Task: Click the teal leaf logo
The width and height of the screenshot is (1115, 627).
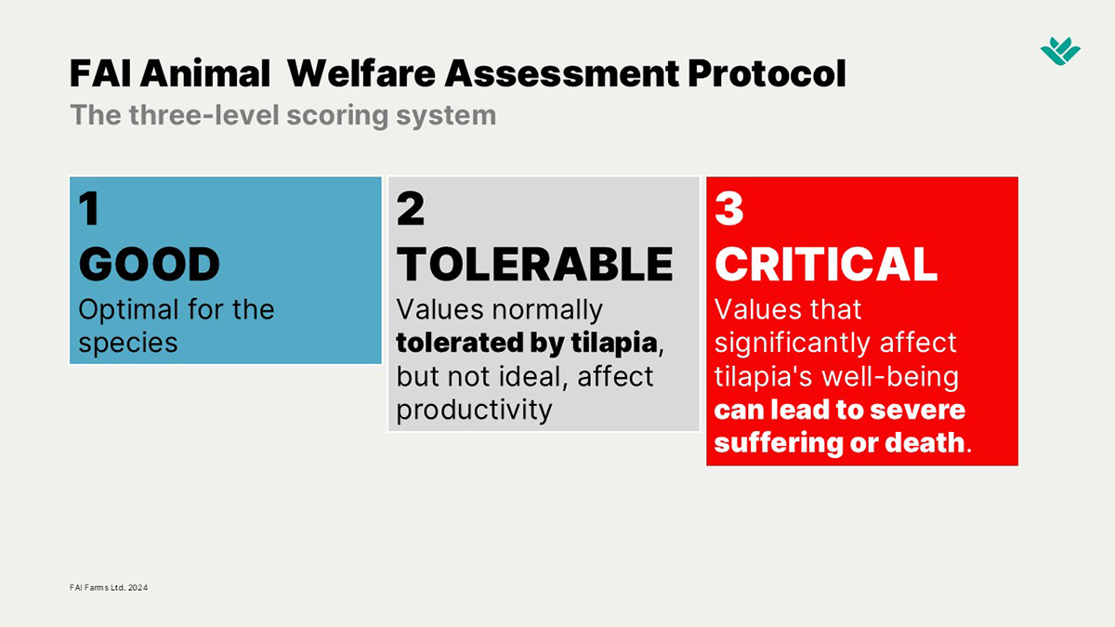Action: pyautogui.click(x=1060, y=51)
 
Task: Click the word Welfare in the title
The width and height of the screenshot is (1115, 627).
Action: pyautogui.click(x=361, y=73)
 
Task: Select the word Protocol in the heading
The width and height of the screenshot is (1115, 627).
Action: pyautogui.click(x=767, y=73)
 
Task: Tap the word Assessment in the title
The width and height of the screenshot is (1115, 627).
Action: pyautogui.click(x=562, y=73)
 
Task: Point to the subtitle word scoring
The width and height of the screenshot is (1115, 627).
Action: pyautogui.click(x=337, y=116)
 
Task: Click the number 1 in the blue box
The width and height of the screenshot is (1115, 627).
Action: pyautogui.click(x=89, y=208)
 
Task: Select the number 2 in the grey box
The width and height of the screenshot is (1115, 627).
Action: pyautogui.click(x=411, y=208)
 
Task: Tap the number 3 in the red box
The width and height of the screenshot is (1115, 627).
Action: pyautogui.click(x=729, y=208)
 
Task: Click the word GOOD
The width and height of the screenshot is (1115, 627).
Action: pyautogui.click(x=150, y=264)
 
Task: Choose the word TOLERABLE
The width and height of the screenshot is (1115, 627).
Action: pyautogui.click(x=535, y=264)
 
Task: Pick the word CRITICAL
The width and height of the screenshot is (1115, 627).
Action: pyautogui.click(x=826, y=264)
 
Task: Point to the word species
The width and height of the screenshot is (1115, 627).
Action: pyautogui.click(x=128, y=344)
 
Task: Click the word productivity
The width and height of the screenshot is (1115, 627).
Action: pyautogui.click(x=474, y=411)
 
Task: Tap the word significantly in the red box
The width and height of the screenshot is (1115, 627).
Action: pyautogui.click(x=793, y=344)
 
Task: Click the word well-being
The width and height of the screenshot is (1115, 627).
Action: pyautogui.click(x=890, y=377)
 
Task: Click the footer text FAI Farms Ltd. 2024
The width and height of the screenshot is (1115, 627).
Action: pyautogui.click(x=109, y=588)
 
